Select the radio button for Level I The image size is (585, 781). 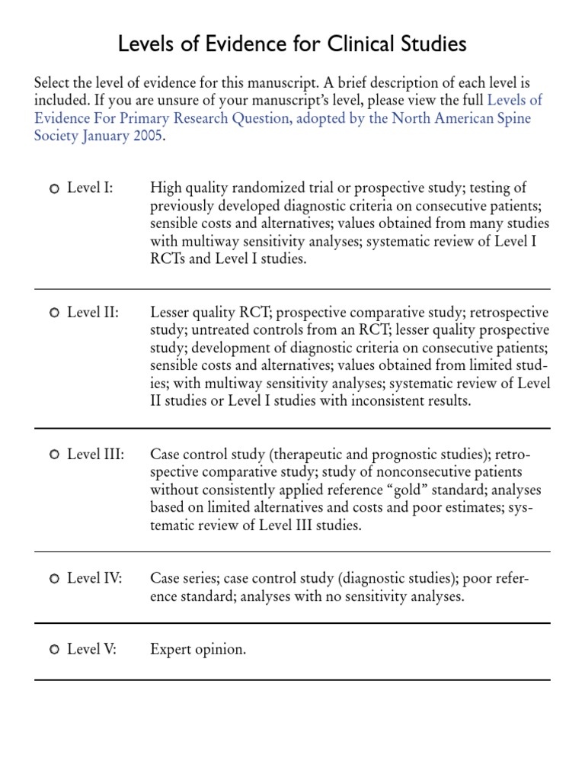pos(54,188)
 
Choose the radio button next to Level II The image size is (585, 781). pos(54,313)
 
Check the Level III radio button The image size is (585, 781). pos(54,455)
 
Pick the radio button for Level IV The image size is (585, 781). pos(54,579)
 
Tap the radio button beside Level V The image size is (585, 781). pos(54,650)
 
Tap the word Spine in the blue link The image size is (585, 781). pos(510,119)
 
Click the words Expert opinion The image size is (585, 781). pos(198,650)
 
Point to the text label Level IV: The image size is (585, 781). pos(94,579)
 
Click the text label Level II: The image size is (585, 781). pos(93,313)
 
